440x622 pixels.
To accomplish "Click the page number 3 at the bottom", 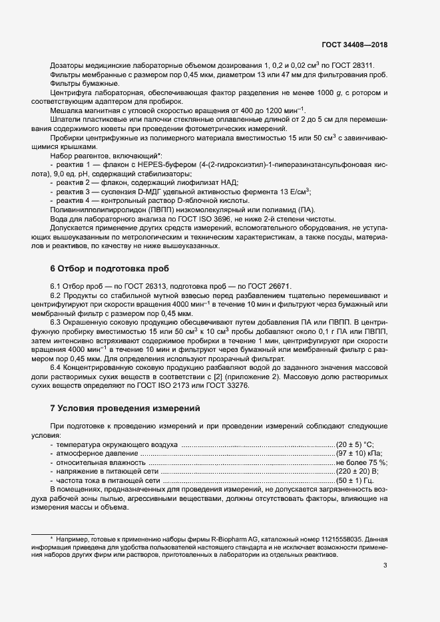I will [385, 566].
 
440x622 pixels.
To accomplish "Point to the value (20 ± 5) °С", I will [355, 444].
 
